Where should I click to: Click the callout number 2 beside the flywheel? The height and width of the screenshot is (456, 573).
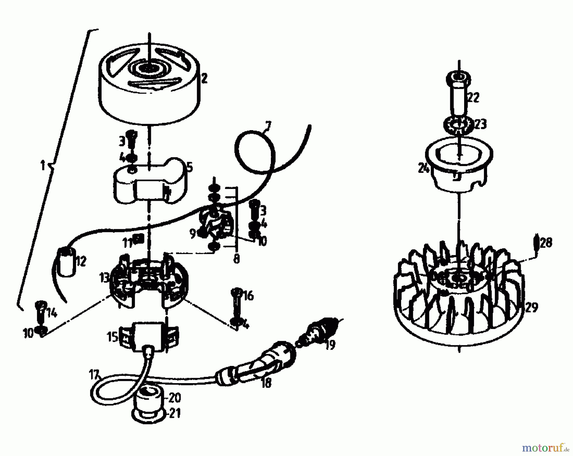click(x=204, y=78)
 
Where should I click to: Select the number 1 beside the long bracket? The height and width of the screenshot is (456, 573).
click(x=43, y=166)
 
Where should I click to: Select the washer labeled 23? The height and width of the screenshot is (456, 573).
click(x=457, y=124)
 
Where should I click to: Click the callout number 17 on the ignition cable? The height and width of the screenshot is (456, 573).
click(x=95, y=375)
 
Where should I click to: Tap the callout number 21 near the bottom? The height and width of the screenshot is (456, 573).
click(x=174, y=413)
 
